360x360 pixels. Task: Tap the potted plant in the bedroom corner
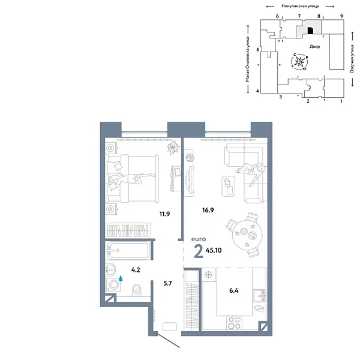(173, 148)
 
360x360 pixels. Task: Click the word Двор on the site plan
(314, 46)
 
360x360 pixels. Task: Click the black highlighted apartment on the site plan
(310, 29)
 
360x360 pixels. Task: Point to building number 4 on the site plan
(257, 91)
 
